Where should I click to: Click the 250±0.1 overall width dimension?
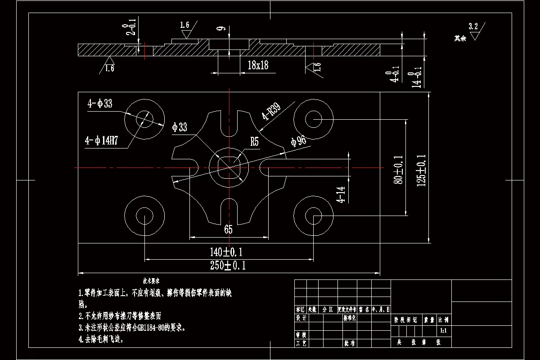(228, 265)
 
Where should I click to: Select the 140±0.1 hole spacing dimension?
(229, 252)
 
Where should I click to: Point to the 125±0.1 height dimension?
(422, 171)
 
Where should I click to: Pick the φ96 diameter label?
(298, 141)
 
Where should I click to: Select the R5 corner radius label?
(255, 142)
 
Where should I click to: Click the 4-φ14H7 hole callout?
(101, 141)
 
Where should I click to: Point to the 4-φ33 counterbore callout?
(100, 104)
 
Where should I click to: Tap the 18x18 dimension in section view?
(258, 66)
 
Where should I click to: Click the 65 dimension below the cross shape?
(228, 230)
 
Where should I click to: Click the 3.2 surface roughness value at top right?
(473, 26)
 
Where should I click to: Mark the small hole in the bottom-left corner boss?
(144, 215)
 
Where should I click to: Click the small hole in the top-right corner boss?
(313, 119)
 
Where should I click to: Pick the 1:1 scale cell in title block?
(443, 331)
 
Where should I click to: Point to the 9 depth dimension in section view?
(220, 29)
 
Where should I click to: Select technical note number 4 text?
(101, 339)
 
